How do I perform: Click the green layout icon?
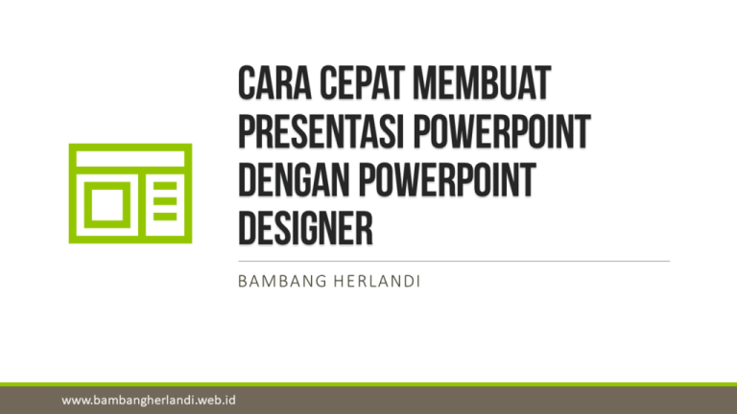(x=130, y=193)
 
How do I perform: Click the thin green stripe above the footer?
(x=368, y=383)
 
